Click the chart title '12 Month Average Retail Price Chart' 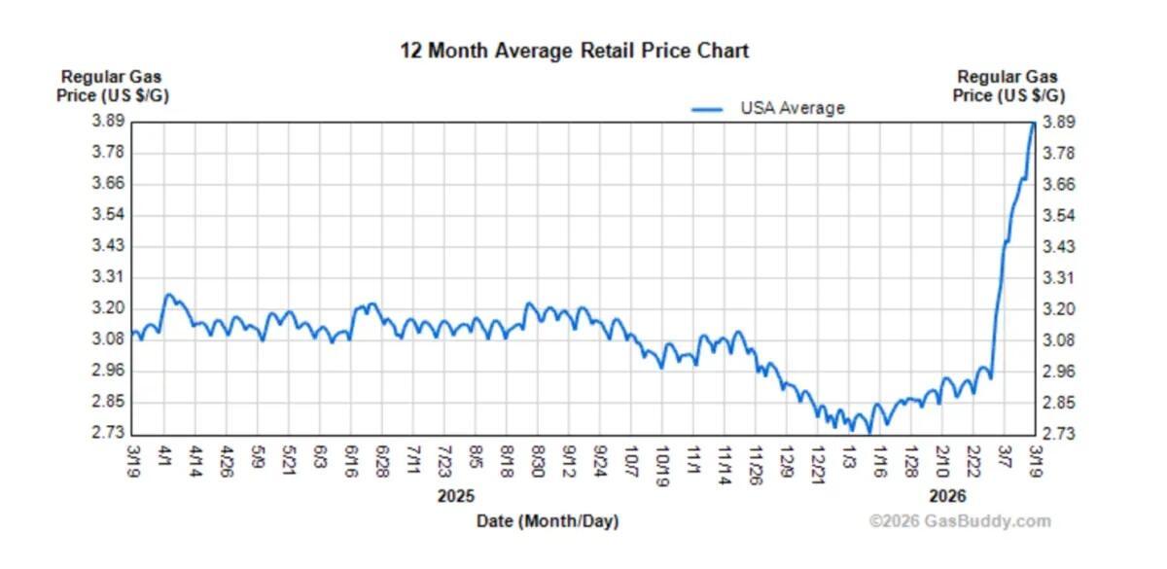coord(575,51)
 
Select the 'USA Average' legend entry coord(792,108)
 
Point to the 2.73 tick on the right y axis coord(1059,433)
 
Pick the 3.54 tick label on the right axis coord(1059,215)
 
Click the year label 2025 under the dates coord(455,496)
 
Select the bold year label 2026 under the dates coord(946,496)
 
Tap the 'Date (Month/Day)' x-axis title coord(548,521)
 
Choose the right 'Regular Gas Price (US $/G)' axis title coord(1008,86)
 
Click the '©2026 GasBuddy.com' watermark coord(960,521)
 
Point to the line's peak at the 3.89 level coord(1033,124)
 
